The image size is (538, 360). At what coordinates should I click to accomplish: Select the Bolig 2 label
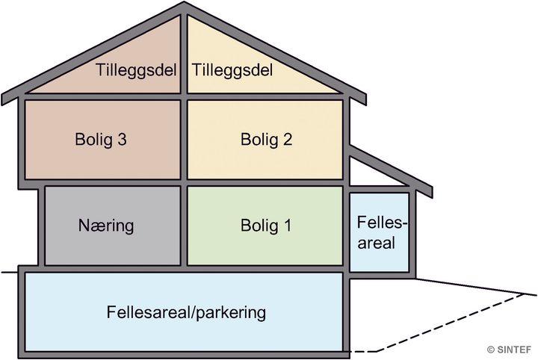(x=267, y=140)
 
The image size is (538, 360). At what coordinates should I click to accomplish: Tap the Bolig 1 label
(x=267, y=225)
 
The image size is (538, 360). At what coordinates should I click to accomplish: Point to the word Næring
(x=106, y=225)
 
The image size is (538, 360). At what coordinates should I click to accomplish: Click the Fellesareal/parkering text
(x=186, y=312)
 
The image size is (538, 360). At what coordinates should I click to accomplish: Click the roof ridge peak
(x=184, y=6)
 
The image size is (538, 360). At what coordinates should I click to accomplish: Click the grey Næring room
(x=112, y=246)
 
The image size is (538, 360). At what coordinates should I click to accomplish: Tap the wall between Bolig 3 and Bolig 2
(x=184, y=140)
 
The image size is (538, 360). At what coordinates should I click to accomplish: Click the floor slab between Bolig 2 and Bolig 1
(x=265, y=182)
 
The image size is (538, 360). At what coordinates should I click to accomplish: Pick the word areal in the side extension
(x=380, y=243)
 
